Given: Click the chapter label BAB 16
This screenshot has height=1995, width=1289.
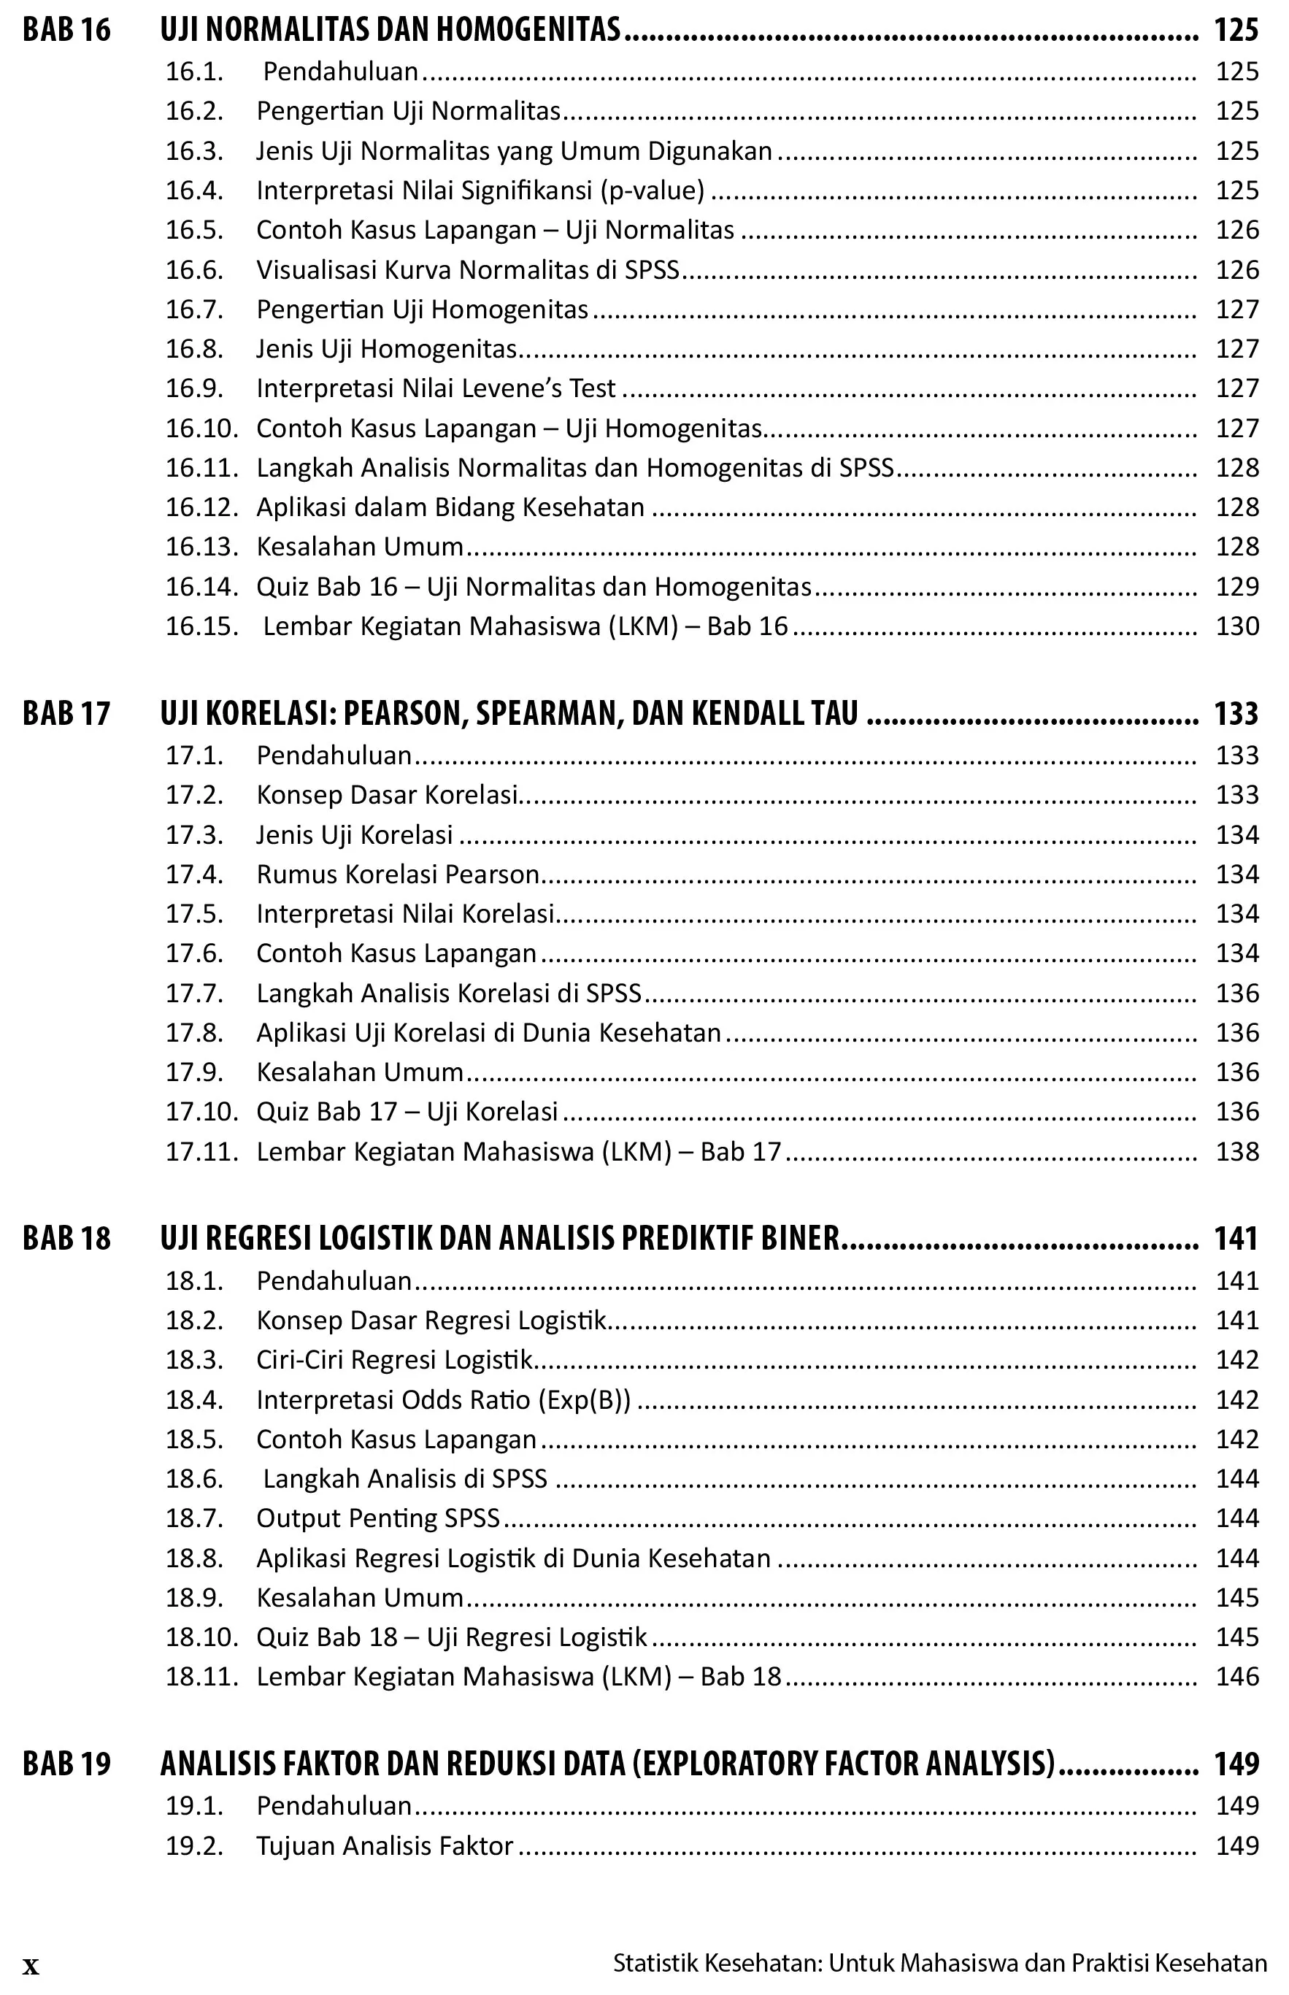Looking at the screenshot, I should (66, 30).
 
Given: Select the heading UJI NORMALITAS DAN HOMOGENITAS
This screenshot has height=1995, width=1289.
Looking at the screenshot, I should (390, 30).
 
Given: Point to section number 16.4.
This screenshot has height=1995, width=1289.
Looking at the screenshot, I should (194, 191).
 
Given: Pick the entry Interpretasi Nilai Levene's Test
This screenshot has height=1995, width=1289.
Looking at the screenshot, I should (435, 388).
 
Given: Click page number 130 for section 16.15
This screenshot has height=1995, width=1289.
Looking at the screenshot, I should (1237, 626).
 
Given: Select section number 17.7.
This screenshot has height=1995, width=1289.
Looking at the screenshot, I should (194, 993).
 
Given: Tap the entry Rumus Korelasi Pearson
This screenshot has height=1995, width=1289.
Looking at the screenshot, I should (398, 875).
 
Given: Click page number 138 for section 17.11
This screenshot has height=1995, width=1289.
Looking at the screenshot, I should (1237, 1151).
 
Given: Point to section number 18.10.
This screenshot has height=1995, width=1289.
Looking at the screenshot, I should (201, 1637).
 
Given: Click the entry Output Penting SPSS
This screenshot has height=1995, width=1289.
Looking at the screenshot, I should (377, 1518).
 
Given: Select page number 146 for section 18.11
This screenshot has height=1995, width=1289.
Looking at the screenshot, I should (1237, 1676).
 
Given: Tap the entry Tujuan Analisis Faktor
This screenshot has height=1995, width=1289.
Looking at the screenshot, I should (384, 1846).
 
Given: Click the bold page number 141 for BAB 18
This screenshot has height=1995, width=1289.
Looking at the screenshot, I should (1236, 1239).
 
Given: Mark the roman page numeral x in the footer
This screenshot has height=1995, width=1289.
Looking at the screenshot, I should (31, 1966).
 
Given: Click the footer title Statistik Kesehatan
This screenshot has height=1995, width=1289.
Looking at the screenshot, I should (718, 1963).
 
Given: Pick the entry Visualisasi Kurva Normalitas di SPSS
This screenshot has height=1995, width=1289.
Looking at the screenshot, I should (467, 269).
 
